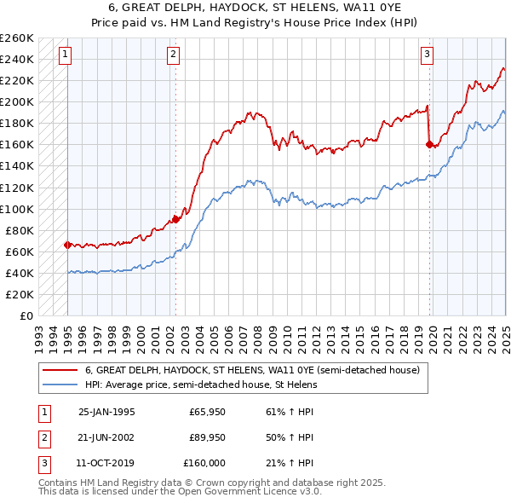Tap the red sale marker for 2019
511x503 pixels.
(x=429, y=145)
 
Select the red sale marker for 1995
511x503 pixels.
(x=67, y=245)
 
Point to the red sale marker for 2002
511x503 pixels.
(x=176, y=219)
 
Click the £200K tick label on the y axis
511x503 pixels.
(x=17, y=102)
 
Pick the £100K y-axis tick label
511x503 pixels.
(x=17, y=209)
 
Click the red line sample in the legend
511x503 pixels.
(x=61, y=371)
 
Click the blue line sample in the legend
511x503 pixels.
(x=61, y=384)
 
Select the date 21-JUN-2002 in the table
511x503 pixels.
(x=106, y=438)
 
